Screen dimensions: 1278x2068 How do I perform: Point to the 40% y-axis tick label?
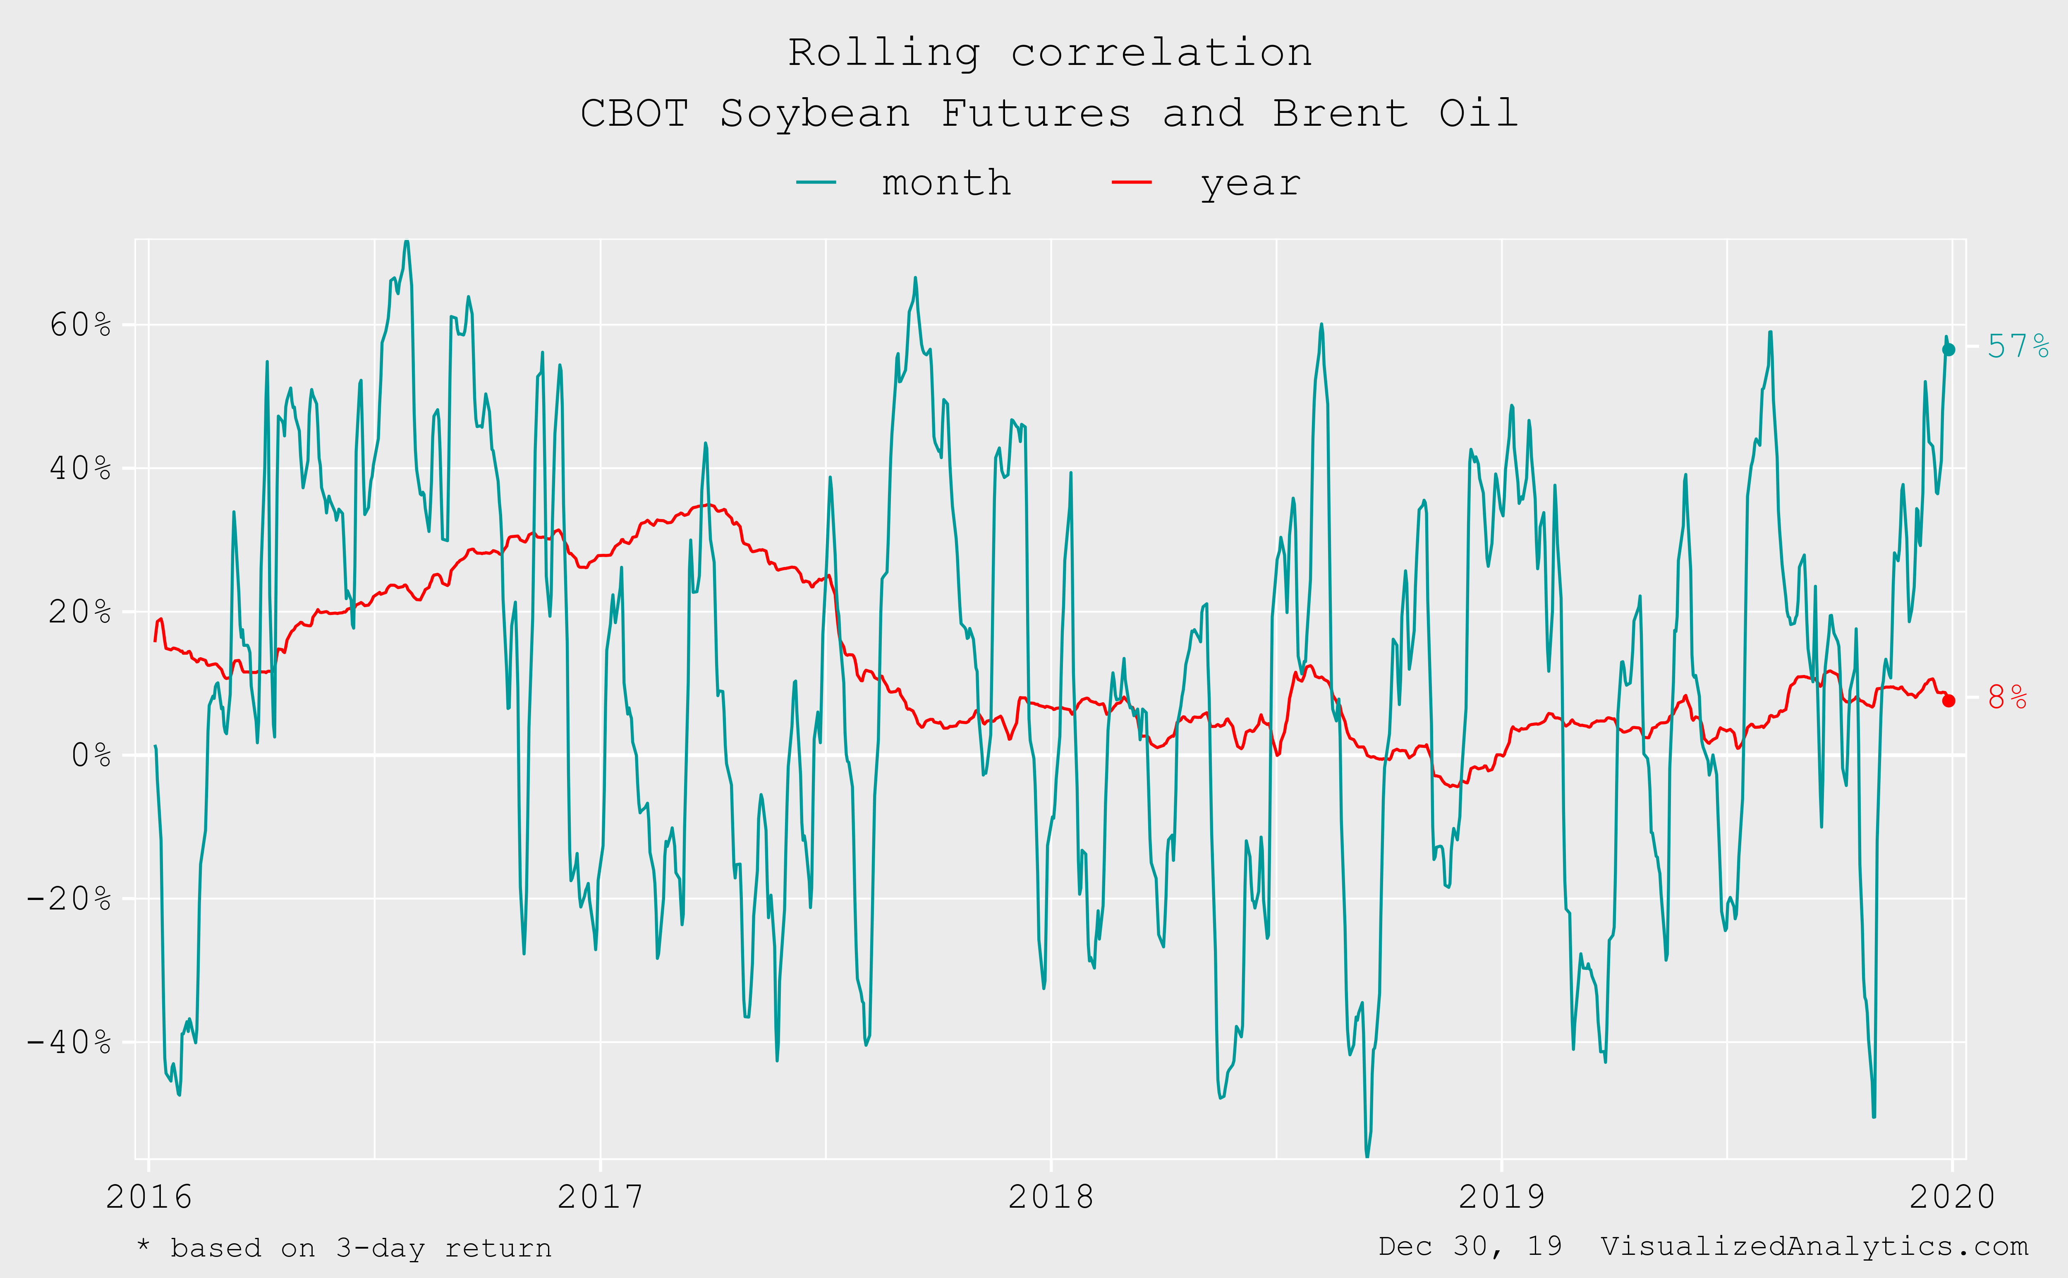coord(80,468)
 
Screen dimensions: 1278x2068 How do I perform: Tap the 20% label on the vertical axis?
coord(80,612)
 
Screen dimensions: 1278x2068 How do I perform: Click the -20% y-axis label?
coord(69,898)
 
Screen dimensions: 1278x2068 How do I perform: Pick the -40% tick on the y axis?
coord(69,1042)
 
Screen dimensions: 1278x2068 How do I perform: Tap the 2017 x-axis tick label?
coord(600,1197)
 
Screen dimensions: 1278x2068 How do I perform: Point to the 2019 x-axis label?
coord(1502,1197)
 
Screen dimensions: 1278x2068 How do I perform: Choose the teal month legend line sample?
coord(816,182)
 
